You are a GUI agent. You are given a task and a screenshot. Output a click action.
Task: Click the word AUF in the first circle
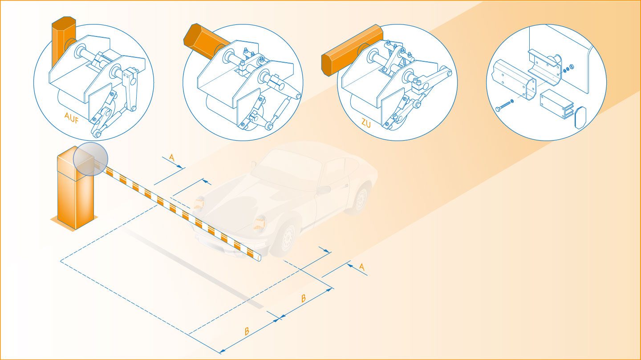(72, 117)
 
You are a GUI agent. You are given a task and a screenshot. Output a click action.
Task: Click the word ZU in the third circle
(366, 123)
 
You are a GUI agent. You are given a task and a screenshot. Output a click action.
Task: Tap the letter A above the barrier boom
(172, 158)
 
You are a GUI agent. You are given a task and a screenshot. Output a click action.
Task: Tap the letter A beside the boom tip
(362, 267)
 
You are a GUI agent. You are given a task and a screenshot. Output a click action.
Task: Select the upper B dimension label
(304, 298)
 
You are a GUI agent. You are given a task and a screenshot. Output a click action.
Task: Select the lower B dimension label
(247, 332)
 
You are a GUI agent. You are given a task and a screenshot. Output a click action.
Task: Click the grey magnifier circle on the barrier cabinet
(90, 159)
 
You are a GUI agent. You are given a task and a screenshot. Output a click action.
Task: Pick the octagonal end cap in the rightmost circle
(580, 117)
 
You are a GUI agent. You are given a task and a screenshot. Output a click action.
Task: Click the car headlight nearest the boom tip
(259, 223)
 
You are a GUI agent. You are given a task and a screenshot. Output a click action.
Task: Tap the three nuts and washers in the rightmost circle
(568, 69)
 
